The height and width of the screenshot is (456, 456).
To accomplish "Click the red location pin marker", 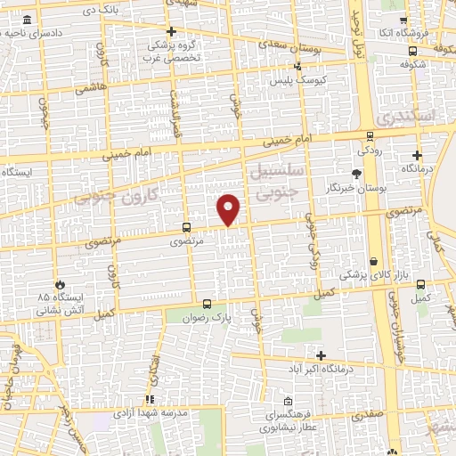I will pyautogui.click(x=229, y=209).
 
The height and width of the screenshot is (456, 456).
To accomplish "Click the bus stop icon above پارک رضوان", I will pyautogui.click(x=207, y=303).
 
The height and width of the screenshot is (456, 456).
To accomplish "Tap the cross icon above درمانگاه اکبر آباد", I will pyautogui.click(x=321, y=355).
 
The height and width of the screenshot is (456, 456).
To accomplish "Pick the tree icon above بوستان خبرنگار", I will pyautogui.click(x=358, y=173).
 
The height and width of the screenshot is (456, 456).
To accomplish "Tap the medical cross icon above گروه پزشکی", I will pyautogui.click(x=172, y=31).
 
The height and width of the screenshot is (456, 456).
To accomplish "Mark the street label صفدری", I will pyautogui.click(x=368, y=414).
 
